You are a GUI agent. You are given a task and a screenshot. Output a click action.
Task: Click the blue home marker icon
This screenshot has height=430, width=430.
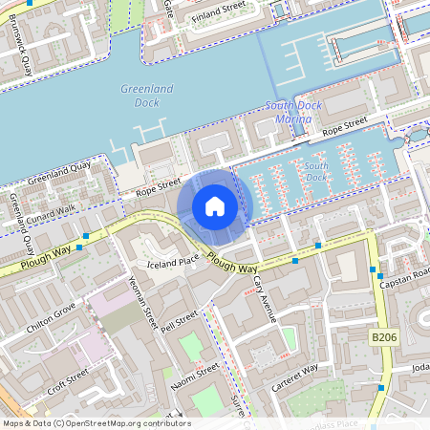pyautogui.click(x=215, y=206)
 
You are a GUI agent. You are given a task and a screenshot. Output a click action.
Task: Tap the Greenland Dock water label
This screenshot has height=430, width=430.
pyautogui.click(x=147, y=95)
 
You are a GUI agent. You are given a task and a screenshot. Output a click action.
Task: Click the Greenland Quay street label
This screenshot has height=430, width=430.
pyautogui.click(x=58, y=172)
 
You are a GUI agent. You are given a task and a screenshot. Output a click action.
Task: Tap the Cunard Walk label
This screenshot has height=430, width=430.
pyautogui.click(x=51, y=215)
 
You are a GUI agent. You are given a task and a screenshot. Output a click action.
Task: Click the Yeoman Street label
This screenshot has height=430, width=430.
pyautogui.click(x=142, y=303)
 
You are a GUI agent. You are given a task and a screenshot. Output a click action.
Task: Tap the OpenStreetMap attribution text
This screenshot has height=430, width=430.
pyautogui.click(x=96, y=423)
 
